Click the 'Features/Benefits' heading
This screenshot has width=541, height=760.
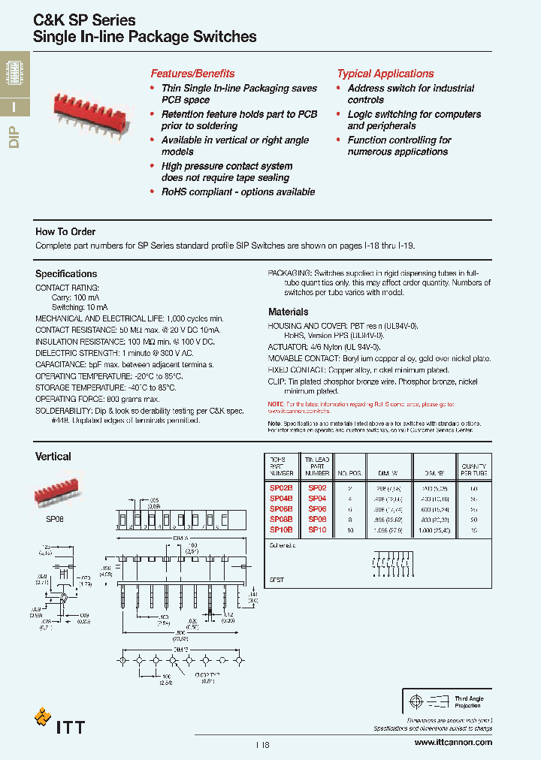(192, 74)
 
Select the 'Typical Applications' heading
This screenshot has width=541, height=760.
(385, 74)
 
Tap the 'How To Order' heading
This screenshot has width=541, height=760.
(65, 232)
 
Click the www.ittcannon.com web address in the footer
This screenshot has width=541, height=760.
(453, 742)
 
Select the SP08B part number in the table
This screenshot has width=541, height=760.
(281, 519)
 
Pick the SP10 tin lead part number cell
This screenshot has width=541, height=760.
(316, 529)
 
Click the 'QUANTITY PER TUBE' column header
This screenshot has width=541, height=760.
(474, 470)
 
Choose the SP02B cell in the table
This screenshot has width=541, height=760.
(281, 487)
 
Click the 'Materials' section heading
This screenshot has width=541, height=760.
(289, 312)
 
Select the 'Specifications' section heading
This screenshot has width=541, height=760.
(66, 274)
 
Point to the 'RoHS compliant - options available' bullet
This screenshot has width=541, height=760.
(237, 192)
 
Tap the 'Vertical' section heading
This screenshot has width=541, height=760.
(53, 457)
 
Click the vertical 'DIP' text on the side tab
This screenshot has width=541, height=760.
(14, 137)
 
